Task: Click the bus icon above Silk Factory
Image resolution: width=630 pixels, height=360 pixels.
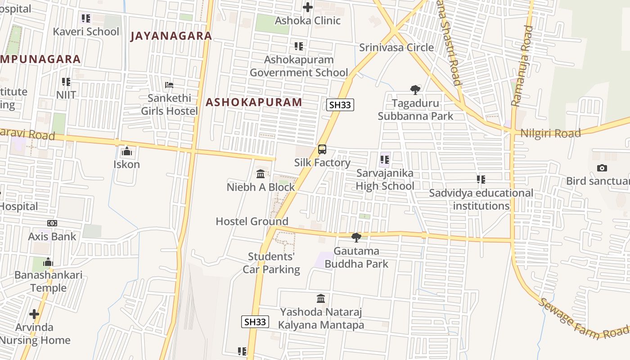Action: [322, 149]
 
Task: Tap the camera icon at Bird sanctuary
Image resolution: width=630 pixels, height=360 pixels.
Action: [602, 168]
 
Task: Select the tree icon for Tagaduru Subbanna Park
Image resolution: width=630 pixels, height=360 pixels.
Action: [415, 90]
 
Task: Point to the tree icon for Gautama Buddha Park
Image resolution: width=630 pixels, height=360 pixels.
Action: [356, 237]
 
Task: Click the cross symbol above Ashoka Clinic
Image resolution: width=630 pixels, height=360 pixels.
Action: [308, 7]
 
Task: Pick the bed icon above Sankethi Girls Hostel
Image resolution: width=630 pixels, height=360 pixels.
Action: [169, 85]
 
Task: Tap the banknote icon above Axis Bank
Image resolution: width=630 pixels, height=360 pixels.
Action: [52, 223]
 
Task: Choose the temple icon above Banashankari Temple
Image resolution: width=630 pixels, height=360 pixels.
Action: [48, 262]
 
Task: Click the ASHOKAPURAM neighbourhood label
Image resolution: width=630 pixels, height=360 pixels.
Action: [254, 102]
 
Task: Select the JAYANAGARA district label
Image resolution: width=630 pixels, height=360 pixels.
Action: [171, 36]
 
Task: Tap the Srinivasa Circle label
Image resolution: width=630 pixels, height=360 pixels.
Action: [396, 47]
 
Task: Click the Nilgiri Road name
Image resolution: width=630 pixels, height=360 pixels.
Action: [550, 133]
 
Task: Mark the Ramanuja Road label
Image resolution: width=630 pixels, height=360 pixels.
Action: [522, 66]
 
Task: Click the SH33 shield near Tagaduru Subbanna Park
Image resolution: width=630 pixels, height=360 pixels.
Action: [340, 105]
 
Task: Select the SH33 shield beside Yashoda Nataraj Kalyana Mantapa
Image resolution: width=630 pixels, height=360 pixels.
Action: [255, 322]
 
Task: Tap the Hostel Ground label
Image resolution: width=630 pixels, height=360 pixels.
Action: [252, 221]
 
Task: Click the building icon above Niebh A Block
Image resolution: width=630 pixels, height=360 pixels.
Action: [261, 174]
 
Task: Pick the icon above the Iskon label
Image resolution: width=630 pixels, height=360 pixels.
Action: [126, 151]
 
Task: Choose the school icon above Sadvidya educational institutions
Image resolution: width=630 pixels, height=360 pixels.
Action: [481, 180]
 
